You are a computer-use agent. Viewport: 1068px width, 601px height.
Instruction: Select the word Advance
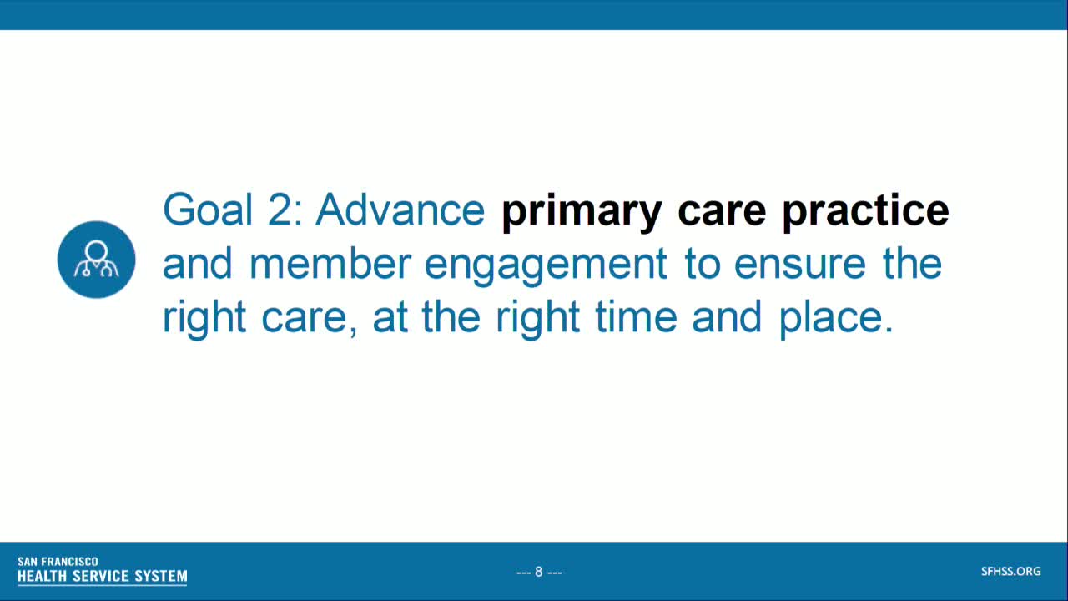(x=400, y=210)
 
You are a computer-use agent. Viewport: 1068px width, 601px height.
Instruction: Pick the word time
(x=636, y=317)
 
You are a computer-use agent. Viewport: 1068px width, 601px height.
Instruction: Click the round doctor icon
(x=97, y=260)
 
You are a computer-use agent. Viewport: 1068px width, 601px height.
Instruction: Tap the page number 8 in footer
(x=539, y=572)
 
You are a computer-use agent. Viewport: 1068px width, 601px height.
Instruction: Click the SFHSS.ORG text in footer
(x=1010, y=572)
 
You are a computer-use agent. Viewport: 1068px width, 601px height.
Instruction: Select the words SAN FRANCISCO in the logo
(x=58, y=562)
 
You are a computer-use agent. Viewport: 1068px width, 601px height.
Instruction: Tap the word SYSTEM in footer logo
(x=161, y=576)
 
